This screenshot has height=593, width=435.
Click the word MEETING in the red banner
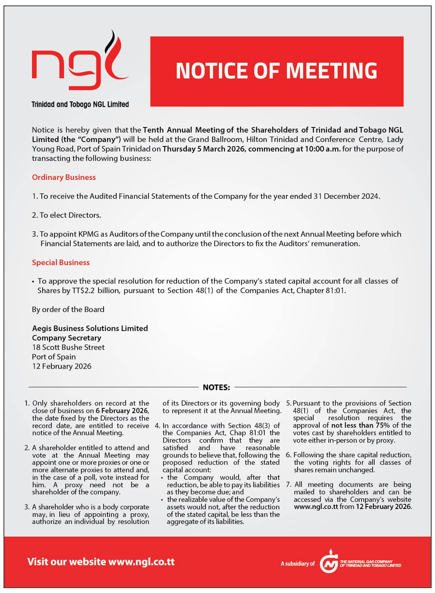pos(331,71)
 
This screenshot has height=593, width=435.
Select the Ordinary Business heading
pos(64,177)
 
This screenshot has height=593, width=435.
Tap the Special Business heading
pos(60,262)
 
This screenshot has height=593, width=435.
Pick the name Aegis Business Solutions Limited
pos(90,328)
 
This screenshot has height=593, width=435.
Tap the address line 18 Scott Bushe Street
pos(68,347)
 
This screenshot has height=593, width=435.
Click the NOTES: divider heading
pos(216,387)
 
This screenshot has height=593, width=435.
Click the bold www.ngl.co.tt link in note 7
pos(316,507)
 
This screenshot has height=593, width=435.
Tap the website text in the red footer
pos(101,562)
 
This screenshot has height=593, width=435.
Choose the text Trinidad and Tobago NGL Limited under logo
pos(80,105)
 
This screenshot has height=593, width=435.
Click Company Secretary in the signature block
pos(66,338)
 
